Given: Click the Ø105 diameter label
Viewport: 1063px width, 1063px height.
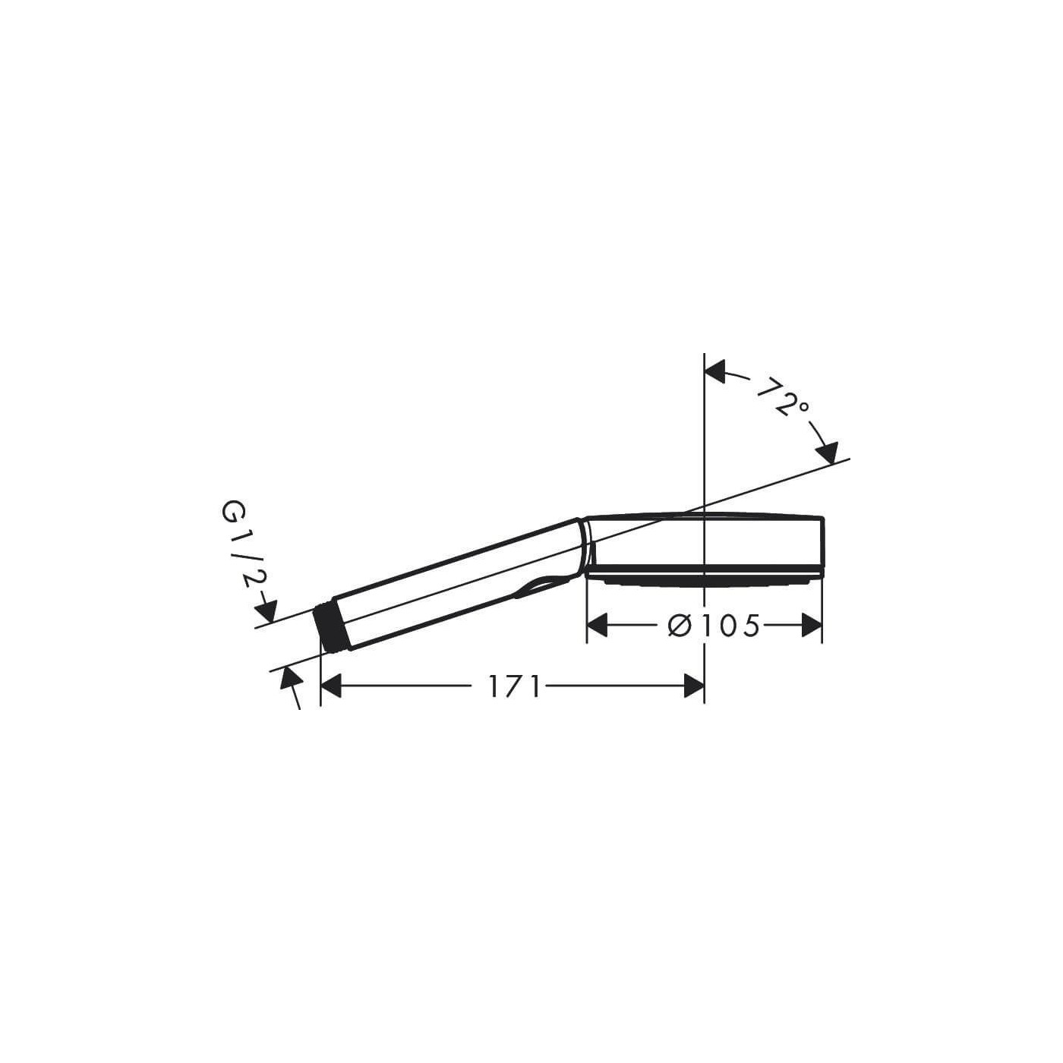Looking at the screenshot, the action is click(714, 626).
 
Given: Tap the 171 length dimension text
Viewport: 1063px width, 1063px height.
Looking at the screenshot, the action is click(513, 687).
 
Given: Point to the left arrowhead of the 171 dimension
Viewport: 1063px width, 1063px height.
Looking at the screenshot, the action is click(331, 686).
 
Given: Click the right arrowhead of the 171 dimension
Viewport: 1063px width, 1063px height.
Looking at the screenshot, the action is click(695, 686).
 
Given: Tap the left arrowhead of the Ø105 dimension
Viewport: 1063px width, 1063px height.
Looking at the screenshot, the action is click(596, 625).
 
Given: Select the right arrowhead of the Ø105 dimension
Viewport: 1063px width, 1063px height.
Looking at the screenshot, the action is click(812, 625).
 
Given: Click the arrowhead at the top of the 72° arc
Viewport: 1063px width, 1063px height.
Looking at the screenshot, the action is click(715, 372).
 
